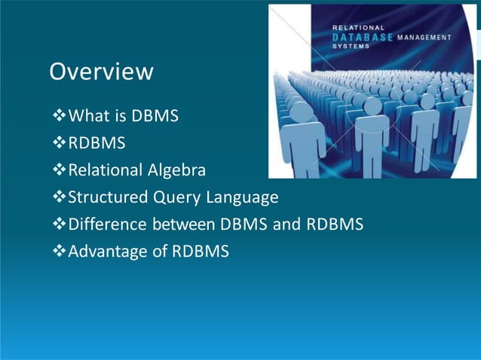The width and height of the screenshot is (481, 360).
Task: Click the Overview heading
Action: pos(101,72)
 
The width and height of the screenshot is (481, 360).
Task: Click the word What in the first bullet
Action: pos(87,117)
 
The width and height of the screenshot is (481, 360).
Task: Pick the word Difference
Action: pos(108,224)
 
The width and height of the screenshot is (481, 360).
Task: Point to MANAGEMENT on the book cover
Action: pos(424,36)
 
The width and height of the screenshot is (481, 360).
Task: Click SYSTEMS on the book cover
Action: pos(352,45)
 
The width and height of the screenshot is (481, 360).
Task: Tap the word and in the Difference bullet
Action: pos(285,224)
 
